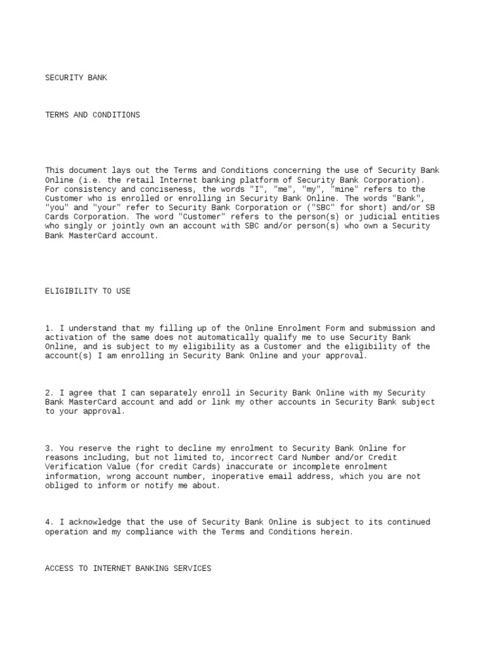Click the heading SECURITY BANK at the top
pos(76,78)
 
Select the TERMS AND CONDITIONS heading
pos(92,115)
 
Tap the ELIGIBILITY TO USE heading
pos(88,291)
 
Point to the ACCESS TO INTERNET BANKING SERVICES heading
pos(128,568)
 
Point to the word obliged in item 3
pos(62,486)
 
